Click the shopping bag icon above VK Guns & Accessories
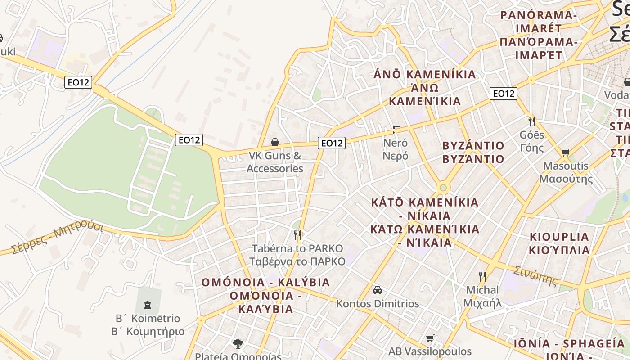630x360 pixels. click(275, 143)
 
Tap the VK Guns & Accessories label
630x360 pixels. click(275, 162)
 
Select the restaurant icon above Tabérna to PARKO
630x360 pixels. click(297, 235)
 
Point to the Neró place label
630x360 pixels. click(396, 149)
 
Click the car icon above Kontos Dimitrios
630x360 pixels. click(378, 290)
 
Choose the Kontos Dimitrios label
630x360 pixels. click(378, 304)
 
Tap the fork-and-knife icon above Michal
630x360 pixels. click(482, 276)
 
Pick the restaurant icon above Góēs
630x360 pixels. click(532, 121)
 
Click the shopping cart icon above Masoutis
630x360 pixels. click(566, 153)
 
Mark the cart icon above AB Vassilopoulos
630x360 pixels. click(430, 338)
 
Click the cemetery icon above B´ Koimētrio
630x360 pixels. click(148, 305)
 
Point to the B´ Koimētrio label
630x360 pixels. click(148, 325)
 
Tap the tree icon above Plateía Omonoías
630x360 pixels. click(238, 344)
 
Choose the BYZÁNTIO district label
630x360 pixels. click(473, 152)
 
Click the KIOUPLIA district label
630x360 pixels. click(559, 243)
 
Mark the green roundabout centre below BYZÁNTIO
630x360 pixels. click(443, 187)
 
